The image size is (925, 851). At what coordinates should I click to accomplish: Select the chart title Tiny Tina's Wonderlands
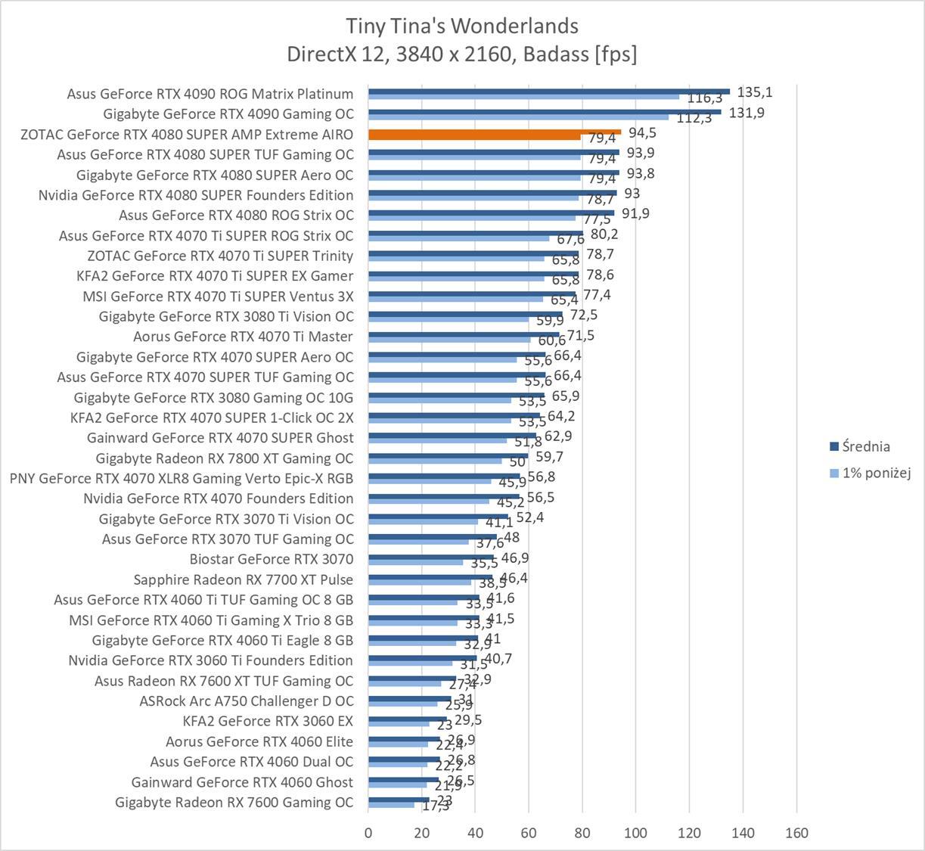(462, 26)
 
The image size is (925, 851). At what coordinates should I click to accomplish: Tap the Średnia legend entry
(865, 446)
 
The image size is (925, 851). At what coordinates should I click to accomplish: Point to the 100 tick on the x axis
(635, 833)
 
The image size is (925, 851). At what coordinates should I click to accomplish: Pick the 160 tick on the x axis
(796, 833)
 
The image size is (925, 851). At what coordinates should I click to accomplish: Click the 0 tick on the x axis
(368, 833)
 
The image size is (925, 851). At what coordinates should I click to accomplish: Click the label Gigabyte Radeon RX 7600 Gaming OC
(234, 802)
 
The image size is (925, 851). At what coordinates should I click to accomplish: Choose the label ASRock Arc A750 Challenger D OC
(246, 700)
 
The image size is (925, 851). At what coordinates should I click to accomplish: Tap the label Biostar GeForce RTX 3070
(271, 559)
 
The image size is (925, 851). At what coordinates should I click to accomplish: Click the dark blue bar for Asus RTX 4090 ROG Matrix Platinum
(548, 91)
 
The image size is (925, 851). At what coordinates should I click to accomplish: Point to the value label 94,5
(642, 133)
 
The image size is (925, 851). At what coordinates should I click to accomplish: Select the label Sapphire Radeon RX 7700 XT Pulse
(243, 579)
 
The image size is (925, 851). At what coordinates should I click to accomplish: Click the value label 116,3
(705, 98)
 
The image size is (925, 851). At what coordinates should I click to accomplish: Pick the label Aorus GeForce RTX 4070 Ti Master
(243, 336)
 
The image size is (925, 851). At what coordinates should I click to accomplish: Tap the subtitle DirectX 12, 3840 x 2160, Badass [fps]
(462, 54)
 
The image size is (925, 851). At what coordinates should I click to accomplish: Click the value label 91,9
(635, 213)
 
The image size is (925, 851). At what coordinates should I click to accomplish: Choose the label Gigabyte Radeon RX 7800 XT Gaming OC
(224, 458)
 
